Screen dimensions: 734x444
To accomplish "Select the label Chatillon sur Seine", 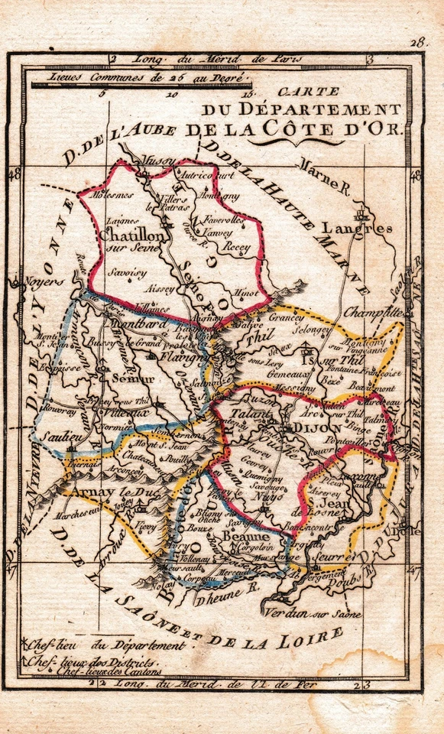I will [x=132, y=242].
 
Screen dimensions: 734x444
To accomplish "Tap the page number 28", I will [x=416, y=42].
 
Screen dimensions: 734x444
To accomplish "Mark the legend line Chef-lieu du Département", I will [x=107, y=645].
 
